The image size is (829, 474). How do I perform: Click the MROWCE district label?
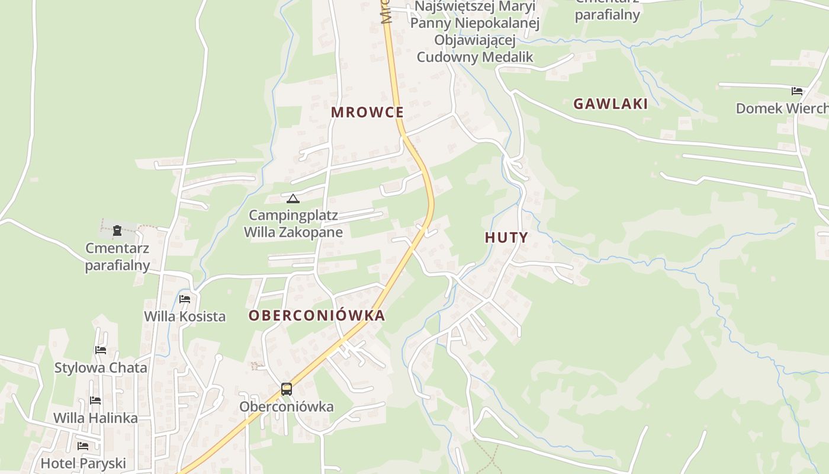367,113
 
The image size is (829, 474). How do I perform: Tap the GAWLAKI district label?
610,104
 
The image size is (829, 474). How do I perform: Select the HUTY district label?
506,238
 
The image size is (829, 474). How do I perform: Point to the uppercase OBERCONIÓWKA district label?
317,316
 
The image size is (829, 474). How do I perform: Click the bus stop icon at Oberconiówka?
287,389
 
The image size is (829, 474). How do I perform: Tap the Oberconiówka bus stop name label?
287,407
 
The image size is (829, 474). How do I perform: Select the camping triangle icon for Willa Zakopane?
293,198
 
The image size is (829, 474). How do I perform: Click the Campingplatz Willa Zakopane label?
294,223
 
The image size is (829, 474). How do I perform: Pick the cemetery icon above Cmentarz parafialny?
117,230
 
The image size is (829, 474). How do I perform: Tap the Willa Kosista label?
185,316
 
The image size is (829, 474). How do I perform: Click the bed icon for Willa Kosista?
185,299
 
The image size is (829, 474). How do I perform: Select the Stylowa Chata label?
101,368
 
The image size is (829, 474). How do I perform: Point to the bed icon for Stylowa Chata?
101,350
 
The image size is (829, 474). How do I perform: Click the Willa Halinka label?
95,418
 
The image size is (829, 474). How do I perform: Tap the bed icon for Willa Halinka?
95,401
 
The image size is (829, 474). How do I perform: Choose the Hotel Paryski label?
83,463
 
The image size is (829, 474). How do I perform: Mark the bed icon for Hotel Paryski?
83,446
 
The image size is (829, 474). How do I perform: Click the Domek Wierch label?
782,108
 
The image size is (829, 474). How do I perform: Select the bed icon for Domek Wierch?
797,91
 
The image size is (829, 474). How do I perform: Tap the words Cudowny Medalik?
475,57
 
